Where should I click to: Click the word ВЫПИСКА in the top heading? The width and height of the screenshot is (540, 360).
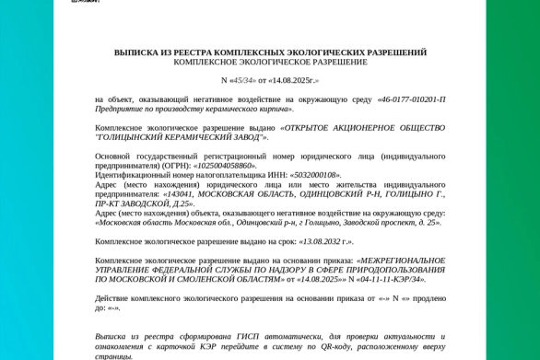coord(136,52)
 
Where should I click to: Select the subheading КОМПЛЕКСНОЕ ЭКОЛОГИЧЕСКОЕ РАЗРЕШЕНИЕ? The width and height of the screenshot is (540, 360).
coord(270,62)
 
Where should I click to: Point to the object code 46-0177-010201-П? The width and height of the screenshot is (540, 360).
coord(412,99)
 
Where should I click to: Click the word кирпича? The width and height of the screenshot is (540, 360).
coord(276,109)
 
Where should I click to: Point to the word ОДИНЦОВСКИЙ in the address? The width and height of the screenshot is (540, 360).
coord(322,194)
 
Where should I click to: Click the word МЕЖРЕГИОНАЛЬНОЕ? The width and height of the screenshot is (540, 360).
coord(403,260)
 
